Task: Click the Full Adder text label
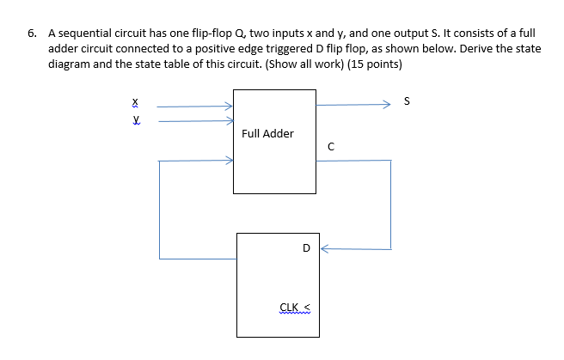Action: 267,133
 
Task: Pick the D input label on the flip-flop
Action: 306,248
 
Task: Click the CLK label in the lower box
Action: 290,307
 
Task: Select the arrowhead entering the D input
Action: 324,249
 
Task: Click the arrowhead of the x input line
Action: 229,107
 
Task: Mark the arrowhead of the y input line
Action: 229,121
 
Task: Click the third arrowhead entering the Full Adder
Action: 229,160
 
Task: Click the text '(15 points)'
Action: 373,64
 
